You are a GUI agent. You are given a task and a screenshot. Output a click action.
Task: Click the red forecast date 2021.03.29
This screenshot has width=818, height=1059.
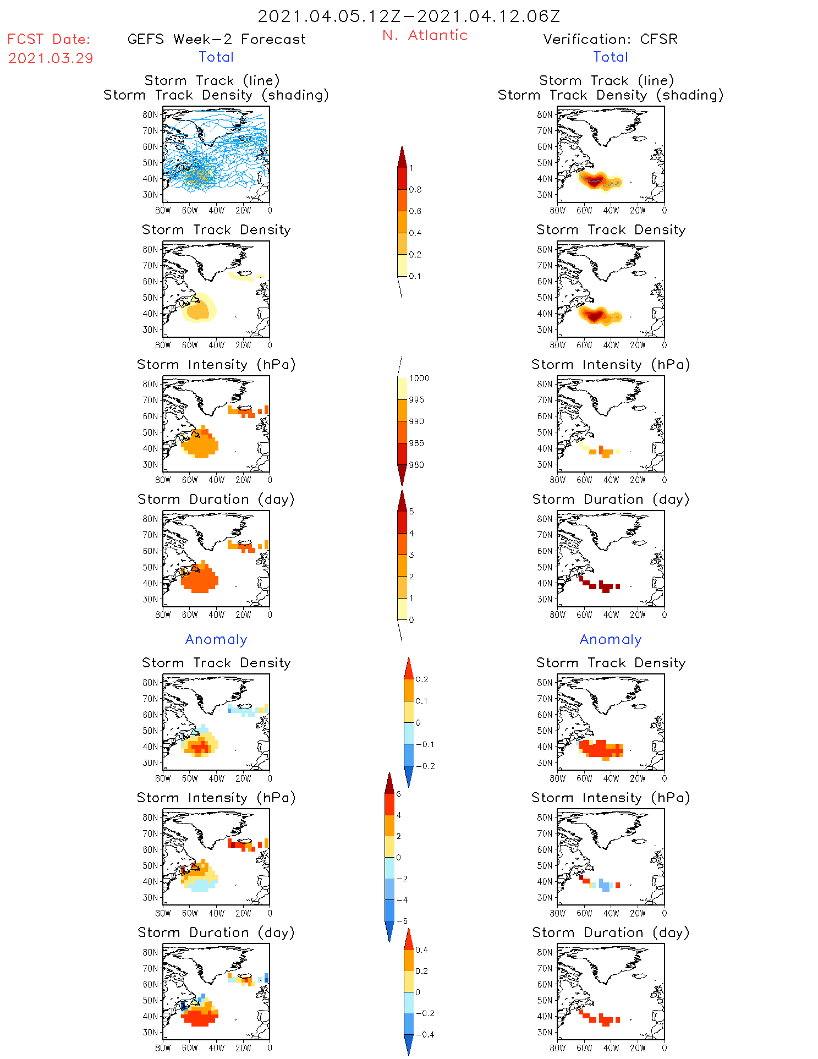click(x=51, y=58)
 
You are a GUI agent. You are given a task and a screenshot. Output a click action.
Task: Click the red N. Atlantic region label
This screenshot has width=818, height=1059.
click(x=425, y=35)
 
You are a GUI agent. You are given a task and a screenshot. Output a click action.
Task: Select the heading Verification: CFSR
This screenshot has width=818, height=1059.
click(x=610, y=39)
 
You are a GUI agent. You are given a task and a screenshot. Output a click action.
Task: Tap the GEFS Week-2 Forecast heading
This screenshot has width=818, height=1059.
click(x=216, y=39)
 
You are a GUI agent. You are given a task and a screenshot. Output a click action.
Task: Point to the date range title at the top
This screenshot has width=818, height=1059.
click(x=409, y=16)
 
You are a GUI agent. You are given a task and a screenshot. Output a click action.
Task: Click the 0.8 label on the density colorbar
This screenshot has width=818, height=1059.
click(x=415, y=190)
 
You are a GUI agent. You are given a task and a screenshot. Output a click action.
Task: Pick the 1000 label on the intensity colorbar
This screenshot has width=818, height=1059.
click(x=419, y=378)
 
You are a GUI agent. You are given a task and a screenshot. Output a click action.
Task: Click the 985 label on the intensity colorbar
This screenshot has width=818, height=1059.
click(x=416, y=443)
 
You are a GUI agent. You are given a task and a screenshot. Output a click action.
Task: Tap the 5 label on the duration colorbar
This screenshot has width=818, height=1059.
click(x=411, y=512)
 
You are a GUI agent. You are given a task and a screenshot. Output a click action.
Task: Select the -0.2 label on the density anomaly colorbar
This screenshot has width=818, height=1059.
click(x=425, y=766)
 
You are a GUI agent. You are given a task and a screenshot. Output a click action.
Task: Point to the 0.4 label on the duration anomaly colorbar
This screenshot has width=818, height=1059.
click(x=421, y=950)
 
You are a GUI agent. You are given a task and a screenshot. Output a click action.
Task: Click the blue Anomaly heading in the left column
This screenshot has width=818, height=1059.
click(x=216, y=640)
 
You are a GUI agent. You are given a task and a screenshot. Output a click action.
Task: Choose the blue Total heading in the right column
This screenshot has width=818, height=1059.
click(x=610, y=57)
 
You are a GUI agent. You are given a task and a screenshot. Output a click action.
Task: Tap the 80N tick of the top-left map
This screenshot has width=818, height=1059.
click(x=150, y=114)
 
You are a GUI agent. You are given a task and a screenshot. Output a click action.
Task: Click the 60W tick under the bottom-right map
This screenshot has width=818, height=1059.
click(x=584, y=1048)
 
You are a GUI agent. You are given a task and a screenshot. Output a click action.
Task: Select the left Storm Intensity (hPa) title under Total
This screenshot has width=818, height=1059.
click(x=216, y=365)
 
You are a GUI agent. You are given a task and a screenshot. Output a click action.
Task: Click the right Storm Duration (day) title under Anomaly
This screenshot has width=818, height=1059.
click(x=611, y=933)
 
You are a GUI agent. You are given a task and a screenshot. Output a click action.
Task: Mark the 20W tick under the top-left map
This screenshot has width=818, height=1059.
click(x=243, y=210)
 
